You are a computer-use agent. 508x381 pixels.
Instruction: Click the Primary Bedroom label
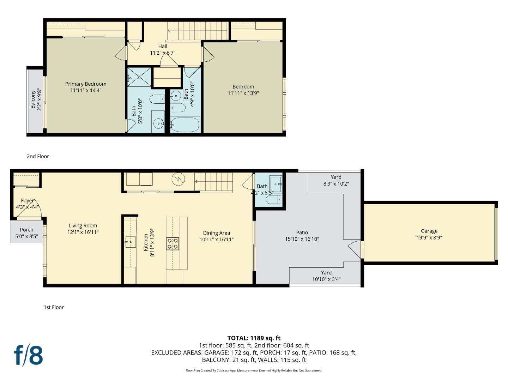(x=86, y=84)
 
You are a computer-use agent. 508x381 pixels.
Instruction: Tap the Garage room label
(x=429, y=231)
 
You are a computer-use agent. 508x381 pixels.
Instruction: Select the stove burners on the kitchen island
(x=173, y=243)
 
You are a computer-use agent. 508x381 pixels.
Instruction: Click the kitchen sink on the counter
(x=131, y=242)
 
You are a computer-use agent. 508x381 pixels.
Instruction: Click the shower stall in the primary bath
(x=139, y=77)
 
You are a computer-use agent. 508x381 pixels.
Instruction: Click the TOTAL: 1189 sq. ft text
(x=254, y=338)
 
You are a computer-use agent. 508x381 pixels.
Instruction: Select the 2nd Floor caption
(x=38, y=156)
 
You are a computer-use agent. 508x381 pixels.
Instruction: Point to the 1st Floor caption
(x=54, y=307)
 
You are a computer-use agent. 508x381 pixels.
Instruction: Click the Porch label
(x=26, y=230)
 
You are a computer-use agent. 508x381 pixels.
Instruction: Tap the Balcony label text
(x=33, y=99)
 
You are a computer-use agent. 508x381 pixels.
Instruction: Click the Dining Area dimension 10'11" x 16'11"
(x=216, y=239)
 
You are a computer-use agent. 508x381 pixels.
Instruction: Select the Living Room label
(x=83, y=225)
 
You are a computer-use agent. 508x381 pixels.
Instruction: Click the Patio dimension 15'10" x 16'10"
(x=302, y=239)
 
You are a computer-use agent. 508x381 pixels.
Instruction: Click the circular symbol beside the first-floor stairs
(x=178, y=179)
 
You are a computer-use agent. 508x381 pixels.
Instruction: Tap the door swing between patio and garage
(x=355, y=249)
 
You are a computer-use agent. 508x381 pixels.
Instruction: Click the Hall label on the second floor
(x=163, y=46)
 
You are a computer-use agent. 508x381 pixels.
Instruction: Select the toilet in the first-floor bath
(x=274, y=200)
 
